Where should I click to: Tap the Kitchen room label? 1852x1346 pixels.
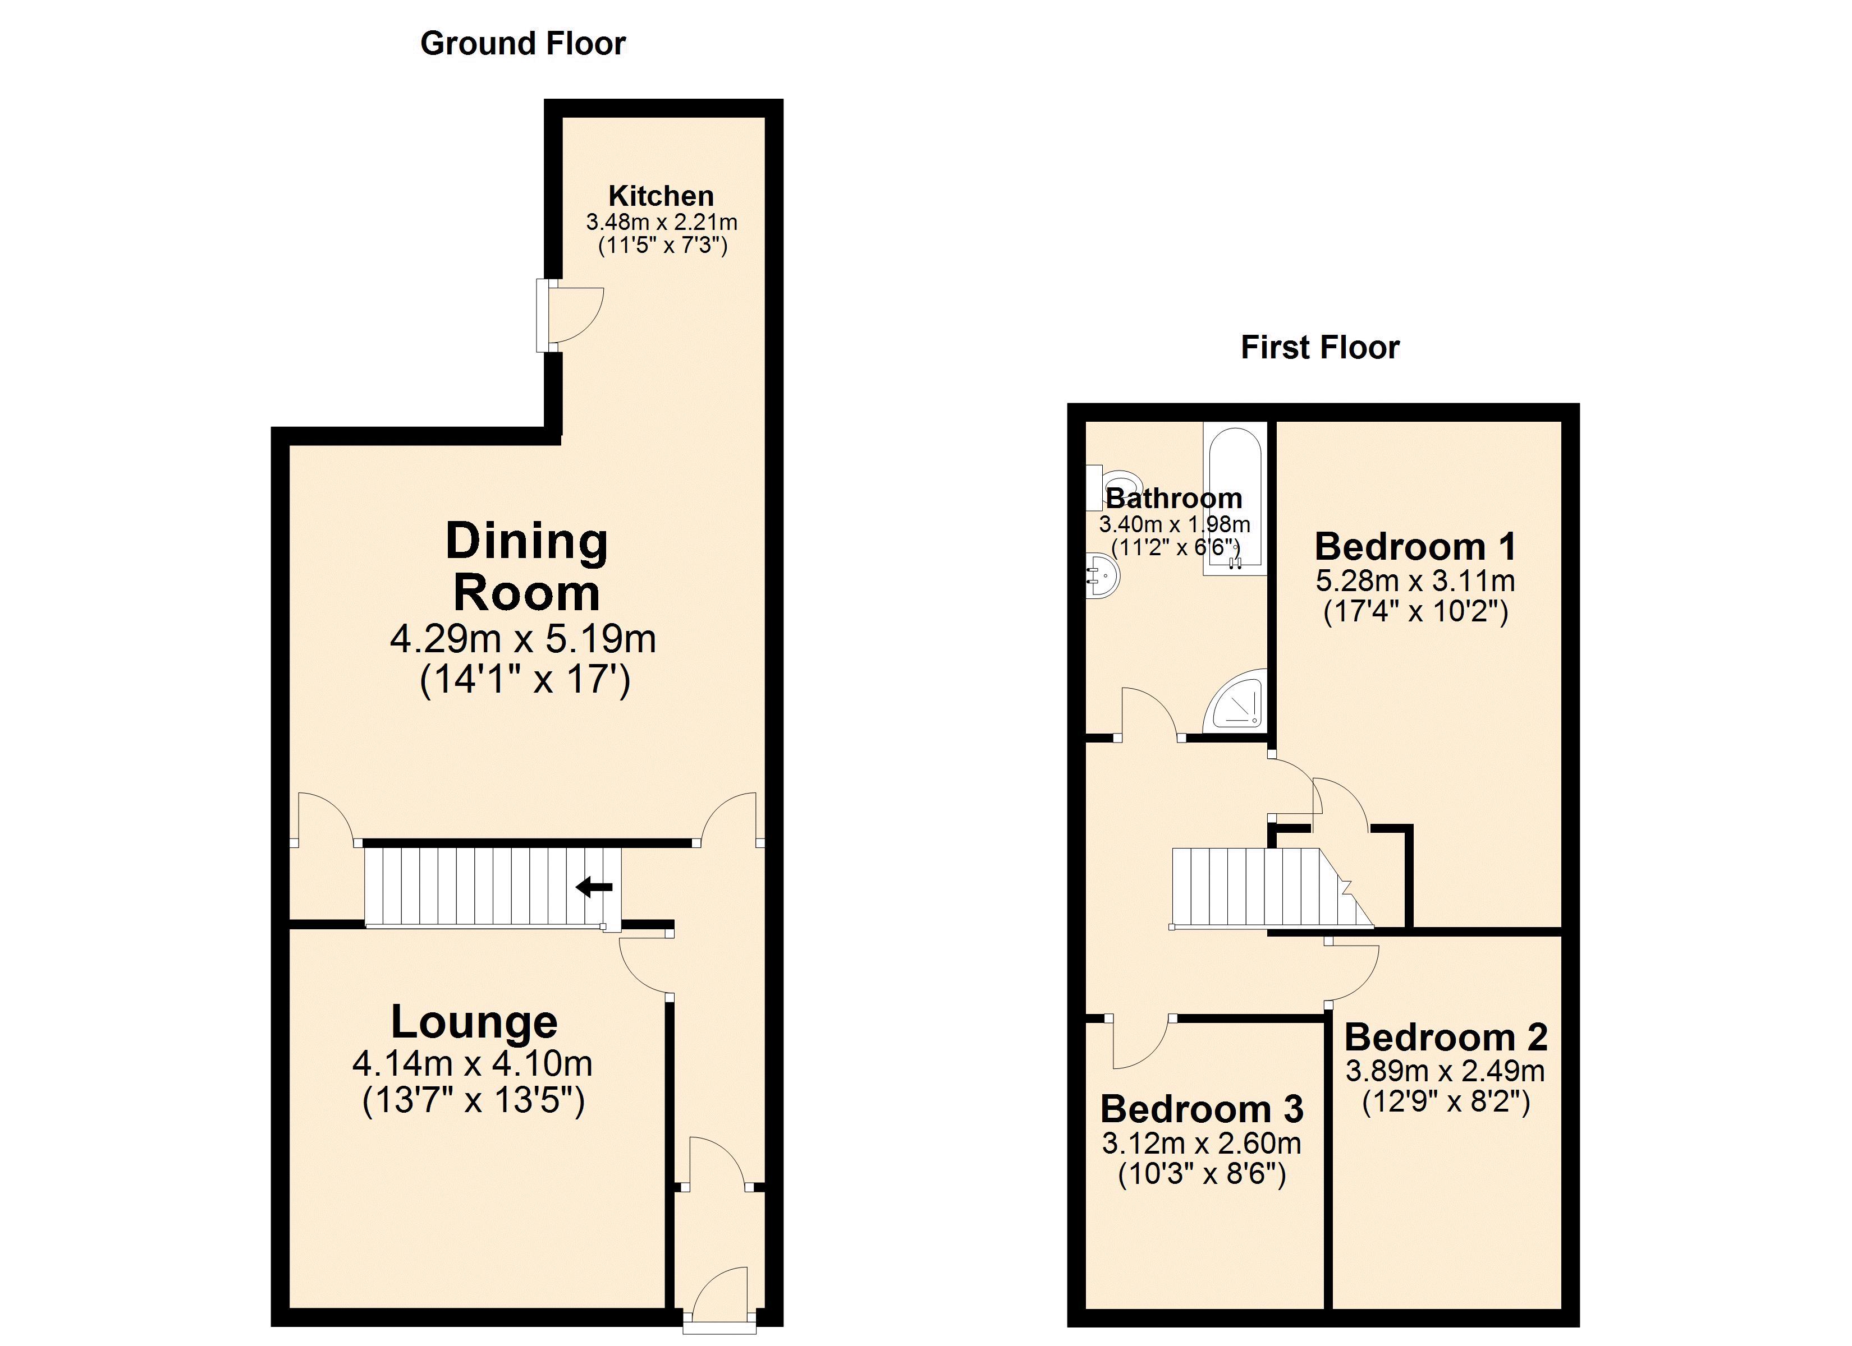point(662,196)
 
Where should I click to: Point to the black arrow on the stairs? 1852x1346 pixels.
point(594,887)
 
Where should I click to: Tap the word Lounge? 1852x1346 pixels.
point(474,1022)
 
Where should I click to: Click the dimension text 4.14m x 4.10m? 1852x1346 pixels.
point(473,1063)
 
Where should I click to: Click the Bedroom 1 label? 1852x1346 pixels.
point(1415,547)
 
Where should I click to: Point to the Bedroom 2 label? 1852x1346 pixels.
point(1445,1038)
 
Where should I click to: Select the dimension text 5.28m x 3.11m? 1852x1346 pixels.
point(1415,581)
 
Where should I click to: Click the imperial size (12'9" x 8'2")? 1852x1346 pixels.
point(1445,1103)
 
